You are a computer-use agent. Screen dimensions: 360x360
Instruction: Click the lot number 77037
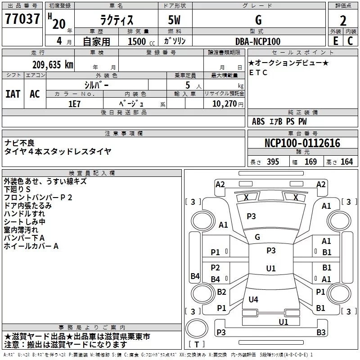click(x=22, y=20)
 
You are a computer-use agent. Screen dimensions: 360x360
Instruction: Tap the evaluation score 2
click(x=343, y=21)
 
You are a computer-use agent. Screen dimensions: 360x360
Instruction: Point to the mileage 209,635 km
click(x=53, y=64)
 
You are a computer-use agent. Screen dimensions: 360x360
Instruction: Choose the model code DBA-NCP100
click(x=257, y=41)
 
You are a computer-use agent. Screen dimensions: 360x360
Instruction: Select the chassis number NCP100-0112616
click(x=302, y=143)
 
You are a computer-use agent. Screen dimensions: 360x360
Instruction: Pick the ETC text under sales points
click(x=258, y=72)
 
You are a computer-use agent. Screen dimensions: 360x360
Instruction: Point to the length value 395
click(x=272, y=162)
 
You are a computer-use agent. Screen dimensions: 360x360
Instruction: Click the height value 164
click(x=346, y=162)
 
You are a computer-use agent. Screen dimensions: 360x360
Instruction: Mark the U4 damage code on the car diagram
click(x=253, y=299)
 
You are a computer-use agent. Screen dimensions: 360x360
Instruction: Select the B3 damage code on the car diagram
click(x=321, y=333)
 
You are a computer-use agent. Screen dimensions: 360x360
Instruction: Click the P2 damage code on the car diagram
click(x=216, y=267)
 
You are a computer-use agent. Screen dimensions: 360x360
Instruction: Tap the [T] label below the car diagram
click(x=197, y=345)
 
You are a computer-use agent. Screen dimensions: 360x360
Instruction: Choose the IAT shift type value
click(x=13, y=94)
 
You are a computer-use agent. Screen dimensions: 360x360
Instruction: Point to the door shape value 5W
click(x=175, y=20)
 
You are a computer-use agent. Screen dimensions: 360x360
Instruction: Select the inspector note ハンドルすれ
click(x=24, y=214)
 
